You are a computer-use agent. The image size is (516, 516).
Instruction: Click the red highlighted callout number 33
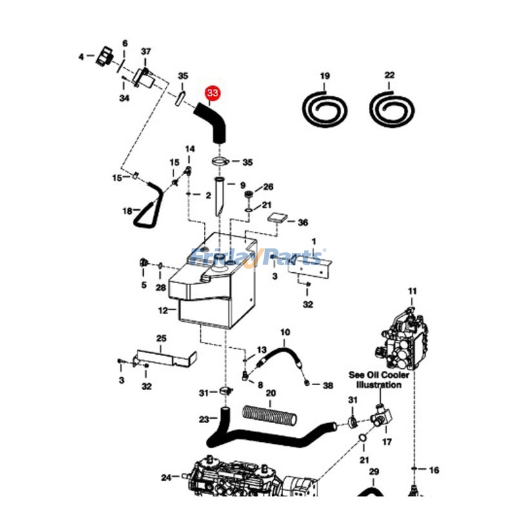(212, 94)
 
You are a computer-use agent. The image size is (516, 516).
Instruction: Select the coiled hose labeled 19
(324, 106)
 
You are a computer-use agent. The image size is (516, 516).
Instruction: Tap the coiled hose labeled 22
(389, 106)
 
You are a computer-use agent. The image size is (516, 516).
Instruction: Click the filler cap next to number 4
(104, 58)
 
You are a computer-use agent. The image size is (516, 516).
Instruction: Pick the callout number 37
(146, 52)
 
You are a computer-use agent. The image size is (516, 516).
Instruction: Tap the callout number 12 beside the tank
(163, 310)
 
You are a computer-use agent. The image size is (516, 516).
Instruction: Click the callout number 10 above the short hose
(284, 333)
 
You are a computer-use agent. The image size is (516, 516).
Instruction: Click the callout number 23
(204, 419)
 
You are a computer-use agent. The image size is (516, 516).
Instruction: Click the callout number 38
(328, 385)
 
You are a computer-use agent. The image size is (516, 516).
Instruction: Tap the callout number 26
(268, 187)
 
